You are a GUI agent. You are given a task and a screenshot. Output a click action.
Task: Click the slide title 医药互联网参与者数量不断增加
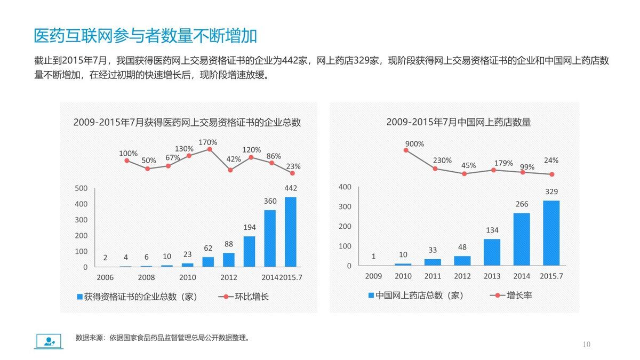[146, 36]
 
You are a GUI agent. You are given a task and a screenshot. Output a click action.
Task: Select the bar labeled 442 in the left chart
[291, 232]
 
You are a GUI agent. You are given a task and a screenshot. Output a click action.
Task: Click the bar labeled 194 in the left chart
[249, 251]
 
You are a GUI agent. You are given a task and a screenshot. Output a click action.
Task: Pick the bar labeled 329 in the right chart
[551, 233]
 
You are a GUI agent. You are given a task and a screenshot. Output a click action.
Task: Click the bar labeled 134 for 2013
[492, 252]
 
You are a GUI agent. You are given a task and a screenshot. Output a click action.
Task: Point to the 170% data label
[208, 142]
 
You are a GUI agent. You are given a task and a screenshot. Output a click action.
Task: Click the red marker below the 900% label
[406, 150]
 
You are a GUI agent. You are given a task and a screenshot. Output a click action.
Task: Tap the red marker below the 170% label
[210, 149]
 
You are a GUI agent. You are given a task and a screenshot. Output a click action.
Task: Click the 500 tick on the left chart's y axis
[81, 188]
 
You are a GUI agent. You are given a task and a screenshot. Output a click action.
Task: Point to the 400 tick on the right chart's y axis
[345, 187]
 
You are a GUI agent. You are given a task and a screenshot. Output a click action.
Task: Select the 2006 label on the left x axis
[105, 277]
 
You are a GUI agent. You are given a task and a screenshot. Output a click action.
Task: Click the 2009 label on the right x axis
[373, 276]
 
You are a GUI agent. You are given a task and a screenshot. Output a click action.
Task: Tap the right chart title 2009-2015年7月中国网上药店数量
[458, 122]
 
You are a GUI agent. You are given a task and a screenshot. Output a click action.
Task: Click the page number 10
[587, 345]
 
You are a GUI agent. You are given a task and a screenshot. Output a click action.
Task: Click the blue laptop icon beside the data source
[49, 341]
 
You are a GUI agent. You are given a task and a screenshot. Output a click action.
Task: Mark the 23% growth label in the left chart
[293, 165]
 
